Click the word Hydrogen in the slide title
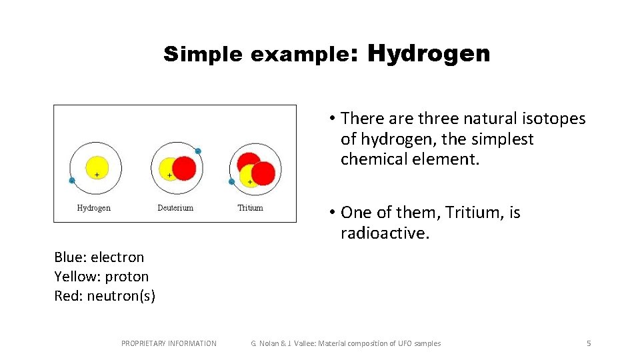point(428,53)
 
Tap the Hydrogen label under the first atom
point(94,208)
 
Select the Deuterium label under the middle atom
point(175,208)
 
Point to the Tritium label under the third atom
point(250,208)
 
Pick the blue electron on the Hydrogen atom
point(72,180)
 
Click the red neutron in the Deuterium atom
point(185,167)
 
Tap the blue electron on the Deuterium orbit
point(198,151)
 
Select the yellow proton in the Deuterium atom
point(168,170)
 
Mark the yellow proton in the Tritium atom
point(248,177)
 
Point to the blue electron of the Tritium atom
point(231,181)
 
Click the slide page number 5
point(588,343)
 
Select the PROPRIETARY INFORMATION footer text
point(169,343)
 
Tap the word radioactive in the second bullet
point(383,233)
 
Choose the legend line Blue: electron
point(99,257)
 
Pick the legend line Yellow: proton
point(101,277)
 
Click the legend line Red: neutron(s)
point(105,296)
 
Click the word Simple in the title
point(203,55)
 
